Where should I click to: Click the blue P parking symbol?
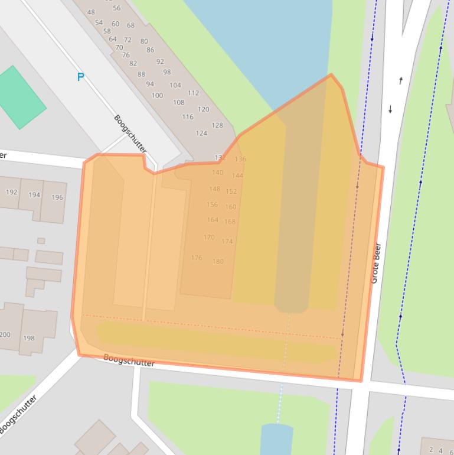tap(81, 77)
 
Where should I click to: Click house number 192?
tap(11, 193)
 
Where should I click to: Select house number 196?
tap(57, 197)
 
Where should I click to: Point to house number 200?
tap(5, 334)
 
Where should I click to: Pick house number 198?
tap(28, 339)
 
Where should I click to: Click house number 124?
tap(201, 133)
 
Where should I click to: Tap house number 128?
tap(217, 125)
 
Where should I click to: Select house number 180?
tap(218, 261)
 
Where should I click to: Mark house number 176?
tap(197, 258)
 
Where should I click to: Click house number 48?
tap(91, 12)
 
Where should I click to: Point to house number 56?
tap(116, 8)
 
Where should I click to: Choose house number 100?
tap(157, 95)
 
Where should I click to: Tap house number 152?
tap(231, 191)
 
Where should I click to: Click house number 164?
tap(213, 220)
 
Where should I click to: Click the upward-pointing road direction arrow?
tap(401, 80)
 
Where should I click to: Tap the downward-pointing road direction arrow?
tap(390, 109)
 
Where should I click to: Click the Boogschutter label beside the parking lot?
tap(130, 134)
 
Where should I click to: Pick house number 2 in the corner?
tap(432, 450)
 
